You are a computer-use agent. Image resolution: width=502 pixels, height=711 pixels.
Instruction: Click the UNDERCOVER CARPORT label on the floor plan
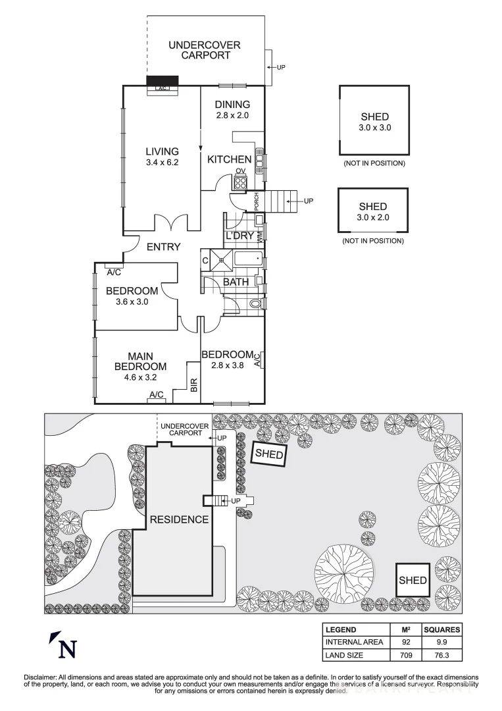pyautogui.click(x=205, y=50)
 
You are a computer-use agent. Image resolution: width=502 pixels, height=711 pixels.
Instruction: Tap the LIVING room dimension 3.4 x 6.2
pyautogui.click(x=162, y=162)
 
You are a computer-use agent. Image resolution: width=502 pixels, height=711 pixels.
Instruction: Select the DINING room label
pyautogui.click(x=233, y=104)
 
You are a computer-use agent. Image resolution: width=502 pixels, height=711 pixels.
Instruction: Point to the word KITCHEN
pyautogui.click(x=229, y=159)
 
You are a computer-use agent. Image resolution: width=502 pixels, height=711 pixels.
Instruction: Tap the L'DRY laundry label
pyautogui.click(x=239, y=236)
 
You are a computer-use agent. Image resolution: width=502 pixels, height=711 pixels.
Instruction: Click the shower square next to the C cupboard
pyautogui.click(x=223, y=260)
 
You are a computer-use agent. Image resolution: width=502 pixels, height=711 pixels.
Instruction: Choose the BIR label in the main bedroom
pyautogui.click(x=193, y=386)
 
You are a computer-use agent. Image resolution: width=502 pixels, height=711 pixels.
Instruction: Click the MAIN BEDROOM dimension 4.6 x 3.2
pyautogui.click(x=140, y=377)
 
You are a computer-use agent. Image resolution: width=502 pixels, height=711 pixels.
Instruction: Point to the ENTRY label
pyautogui.click(x=163, y=247)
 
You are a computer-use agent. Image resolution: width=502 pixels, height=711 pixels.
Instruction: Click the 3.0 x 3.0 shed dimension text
pyautogui.click(x=374, y=128)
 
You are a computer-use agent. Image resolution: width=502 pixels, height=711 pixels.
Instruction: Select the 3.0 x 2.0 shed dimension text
pyautogui.click(x=372, y=217)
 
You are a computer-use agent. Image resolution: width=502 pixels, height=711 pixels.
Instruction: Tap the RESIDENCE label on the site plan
pyautogui.click(x=179, y=519)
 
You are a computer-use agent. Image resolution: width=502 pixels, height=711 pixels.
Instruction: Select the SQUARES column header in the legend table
pyautogui.click(x=441, y=629)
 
